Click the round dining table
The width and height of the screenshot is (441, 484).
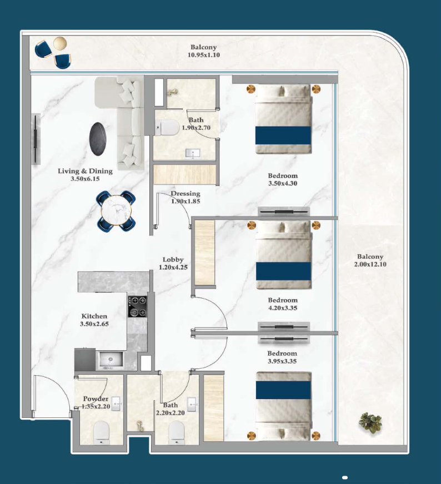click(x=116, y=211)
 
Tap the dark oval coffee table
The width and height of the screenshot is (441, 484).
click(x=98, y=139)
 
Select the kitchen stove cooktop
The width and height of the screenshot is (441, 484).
click(x=137, y=306)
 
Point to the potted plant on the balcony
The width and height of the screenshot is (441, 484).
click(x=370, y=422)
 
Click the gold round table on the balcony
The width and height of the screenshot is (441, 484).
click(x=60, y=43)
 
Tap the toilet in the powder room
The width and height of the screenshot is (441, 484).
click(x=101, y=433)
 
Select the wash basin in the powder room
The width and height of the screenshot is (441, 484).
click(x=117, y=404)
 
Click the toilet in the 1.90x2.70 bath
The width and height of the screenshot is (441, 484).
click(x=167, y=128)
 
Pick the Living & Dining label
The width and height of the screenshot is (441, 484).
click(x=85, y=171)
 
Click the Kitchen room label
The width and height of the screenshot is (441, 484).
click(x=94, y=316)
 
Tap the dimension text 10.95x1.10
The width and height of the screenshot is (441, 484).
click(x=204, y=55)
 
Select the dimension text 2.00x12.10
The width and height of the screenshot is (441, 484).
click(x=370, y=264)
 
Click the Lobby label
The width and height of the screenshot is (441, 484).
click(x=173, y=260)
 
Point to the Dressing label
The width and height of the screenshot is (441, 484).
click(x=186, y=194)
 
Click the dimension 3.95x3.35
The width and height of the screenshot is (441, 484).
click(x=282, y=361)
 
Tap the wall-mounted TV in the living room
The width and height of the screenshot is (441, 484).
click(x=36, y=139)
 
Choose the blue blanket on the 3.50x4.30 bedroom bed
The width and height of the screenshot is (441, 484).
click(x=283, y=135)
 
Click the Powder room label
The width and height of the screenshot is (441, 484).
click(x=96, y=399)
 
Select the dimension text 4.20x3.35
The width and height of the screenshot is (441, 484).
click(x=283, y=307)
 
